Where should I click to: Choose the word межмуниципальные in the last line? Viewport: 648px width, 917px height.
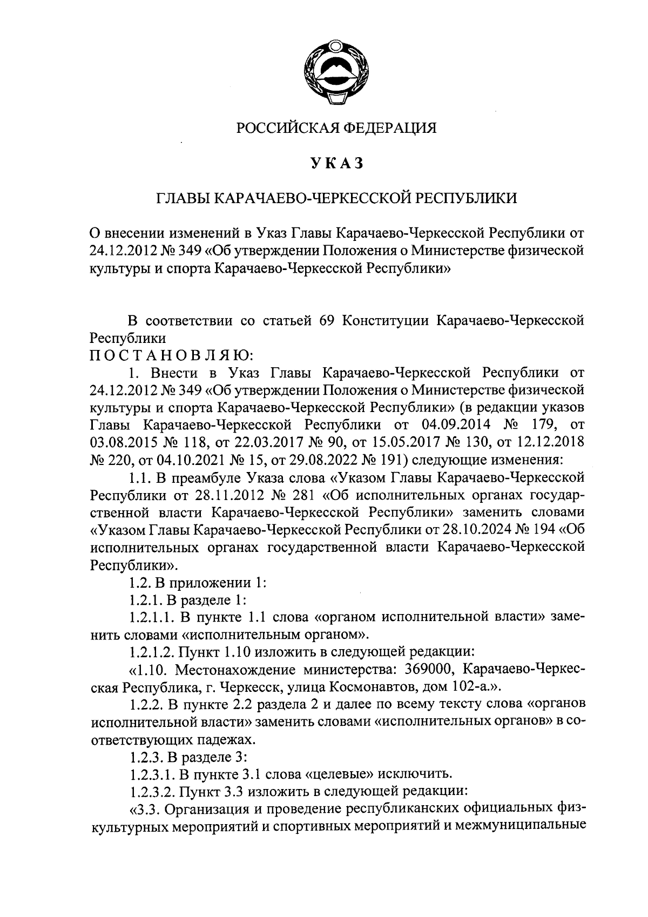click(x=525, y=828)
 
